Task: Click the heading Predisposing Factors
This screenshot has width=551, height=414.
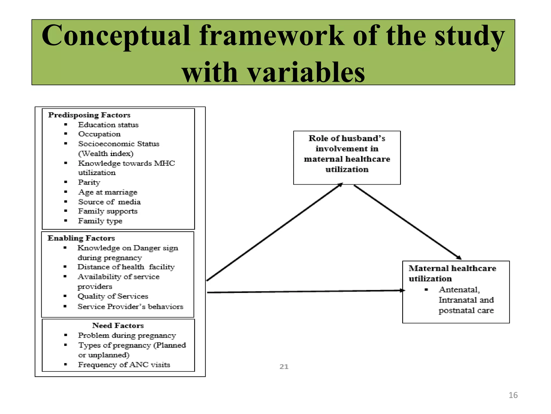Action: [89, 115]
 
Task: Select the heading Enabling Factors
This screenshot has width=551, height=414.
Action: [81, 238]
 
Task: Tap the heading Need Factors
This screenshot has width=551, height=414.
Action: [118, 326]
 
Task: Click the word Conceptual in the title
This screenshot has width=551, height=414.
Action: [116, 36]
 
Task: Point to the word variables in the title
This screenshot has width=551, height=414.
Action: [306, 72]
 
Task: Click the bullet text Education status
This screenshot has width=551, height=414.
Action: [108, 125]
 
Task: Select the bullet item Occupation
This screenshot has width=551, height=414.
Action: [99, 134]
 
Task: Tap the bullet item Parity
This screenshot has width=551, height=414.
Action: [89, 182]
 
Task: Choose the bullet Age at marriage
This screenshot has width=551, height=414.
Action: [108, 192]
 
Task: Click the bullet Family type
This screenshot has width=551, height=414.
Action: [100, 221]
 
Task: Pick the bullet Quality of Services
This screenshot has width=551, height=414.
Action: [113, 296]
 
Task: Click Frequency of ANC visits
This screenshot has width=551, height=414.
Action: [124, 365]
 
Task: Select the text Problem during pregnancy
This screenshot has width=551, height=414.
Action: [127, 336]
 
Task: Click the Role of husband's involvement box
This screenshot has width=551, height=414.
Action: [347, 158]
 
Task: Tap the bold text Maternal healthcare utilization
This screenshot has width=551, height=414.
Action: [452, 273]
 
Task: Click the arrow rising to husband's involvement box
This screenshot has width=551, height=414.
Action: [274, 232]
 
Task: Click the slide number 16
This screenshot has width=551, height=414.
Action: [513, 395]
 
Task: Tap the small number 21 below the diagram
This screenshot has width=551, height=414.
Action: [284, 367]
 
